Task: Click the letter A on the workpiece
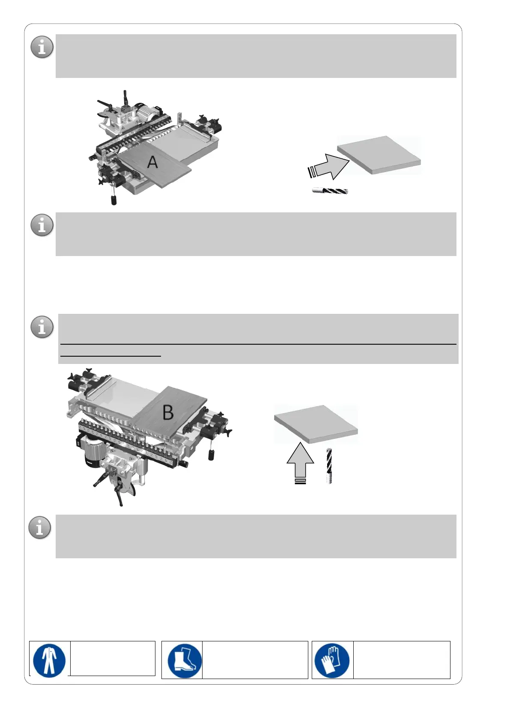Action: tap(152, 162)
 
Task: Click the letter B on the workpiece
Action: tap(168, 412)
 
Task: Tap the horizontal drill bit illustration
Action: tap(330, 191)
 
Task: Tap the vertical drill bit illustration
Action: tap(329, 466)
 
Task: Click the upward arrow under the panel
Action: tap(300, 462)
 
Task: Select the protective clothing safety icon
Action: tap(50, 659)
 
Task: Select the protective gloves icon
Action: tap(332, 660)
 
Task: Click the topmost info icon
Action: tap(42, 47)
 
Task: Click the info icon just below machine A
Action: tap(42, 225)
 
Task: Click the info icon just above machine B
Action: tap(42, 327)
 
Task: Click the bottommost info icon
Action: tap(40, 527)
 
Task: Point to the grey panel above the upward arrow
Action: tap(316, 423)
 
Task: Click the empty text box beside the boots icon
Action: tap(255, 660)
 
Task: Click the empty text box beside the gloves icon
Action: tap(401, 660)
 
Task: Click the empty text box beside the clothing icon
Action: tap(112, 658)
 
